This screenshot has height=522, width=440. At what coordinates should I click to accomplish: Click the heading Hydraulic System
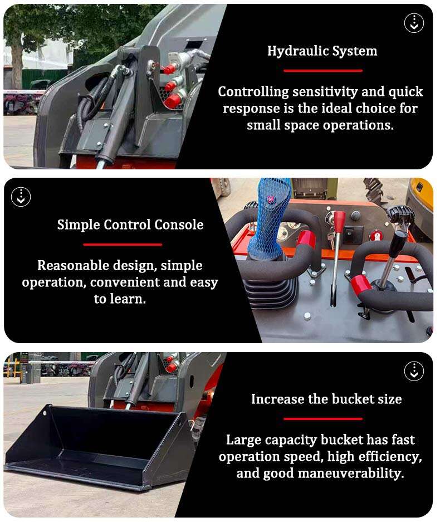coord(322,51)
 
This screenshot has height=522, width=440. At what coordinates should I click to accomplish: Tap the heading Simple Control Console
coord(130,225)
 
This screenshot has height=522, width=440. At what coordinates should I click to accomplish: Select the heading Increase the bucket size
coord(326,399)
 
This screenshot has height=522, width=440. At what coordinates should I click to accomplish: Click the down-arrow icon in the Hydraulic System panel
coord(414,23)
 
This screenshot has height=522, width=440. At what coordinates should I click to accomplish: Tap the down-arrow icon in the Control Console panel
coord(21,197)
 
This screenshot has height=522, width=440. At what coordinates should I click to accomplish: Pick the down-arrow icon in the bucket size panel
coord(414,371)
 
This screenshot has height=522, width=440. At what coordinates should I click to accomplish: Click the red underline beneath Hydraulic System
coord(322,71)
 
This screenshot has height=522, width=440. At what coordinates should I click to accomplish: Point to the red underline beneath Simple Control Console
coord(123,245)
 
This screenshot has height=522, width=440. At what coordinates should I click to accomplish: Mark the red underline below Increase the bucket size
coord(322,418)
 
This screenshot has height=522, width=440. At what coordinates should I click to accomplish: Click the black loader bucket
coord(95,446)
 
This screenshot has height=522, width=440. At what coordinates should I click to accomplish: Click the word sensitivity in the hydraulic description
coord(324,92)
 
